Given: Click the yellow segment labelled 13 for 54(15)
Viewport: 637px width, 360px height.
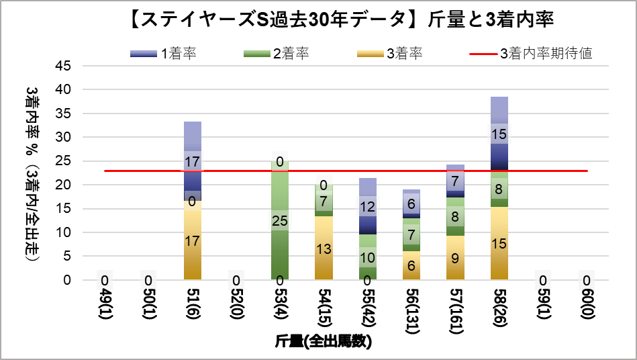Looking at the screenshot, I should tap(324, 248).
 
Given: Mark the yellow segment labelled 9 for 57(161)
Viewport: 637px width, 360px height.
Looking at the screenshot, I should tap(455, 257).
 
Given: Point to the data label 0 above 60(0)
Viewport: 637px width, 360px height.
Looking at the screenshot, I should tap(587, 280).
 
